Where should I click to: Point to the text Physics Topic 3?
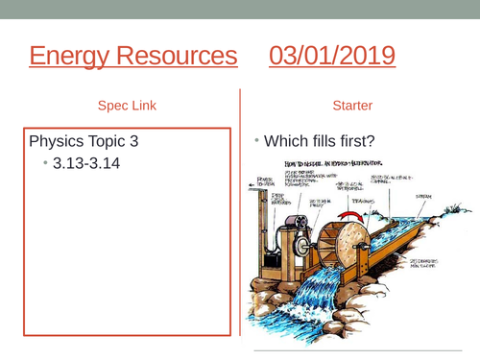(84, 141)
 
